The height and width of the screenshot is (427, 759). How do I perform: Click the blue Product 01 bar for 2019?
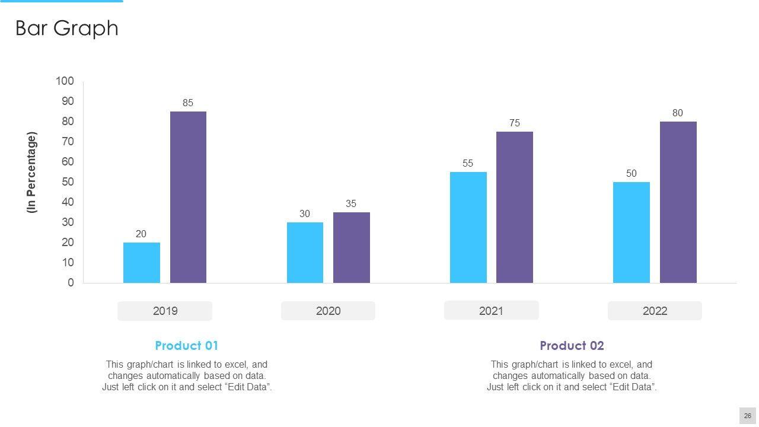pos(142,263)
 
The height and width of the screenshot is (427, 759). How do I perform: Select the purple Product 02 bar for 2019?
pos(188,197)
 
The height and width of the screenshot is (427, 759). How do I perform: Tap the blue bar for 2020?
pos(305,253)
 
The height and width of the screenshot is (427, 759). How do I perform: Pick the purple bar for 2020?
pos(351,247)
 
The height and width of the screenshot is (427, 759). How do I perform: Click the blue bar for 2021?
pos(468,227)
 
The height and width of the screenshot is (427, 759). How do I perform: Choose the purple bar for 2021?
pos(514,207)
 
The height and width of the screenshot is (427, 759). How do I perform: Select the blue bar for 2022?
pos(631,232)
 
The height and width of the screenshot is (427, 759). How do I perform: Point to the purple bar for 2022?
pos(678,202)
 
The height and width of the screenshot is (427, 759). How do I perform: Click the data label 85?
pos(188,103)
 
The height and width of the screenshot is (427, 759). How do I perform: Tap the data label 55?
pos(468,163)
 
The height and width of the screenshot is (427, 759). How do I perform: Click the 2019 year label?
pos(165,311)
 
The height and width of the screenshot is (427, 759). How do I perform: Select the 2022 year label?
pos(655,311)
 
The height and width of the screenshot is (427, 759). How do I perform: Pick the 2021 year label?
pos(491,310)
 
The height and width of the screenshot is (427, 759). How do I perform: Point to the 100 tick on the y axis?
pos(65,81)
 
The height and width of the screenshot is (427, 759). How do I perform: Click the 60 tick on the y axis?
pos(68,162)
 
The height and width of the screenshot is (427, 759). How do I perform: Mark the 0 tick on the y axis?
pos(71,283)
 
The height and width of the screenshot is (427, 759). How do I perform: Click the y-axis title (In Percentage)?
pos(32,173)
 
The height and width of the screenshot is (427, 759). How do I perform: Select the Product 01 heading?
pos(186,346)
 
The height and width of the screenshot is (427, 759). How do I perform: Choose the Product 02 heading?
pos(572,346)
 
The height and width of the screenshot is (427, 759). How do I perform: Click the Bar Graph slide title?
pos(66,28)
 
